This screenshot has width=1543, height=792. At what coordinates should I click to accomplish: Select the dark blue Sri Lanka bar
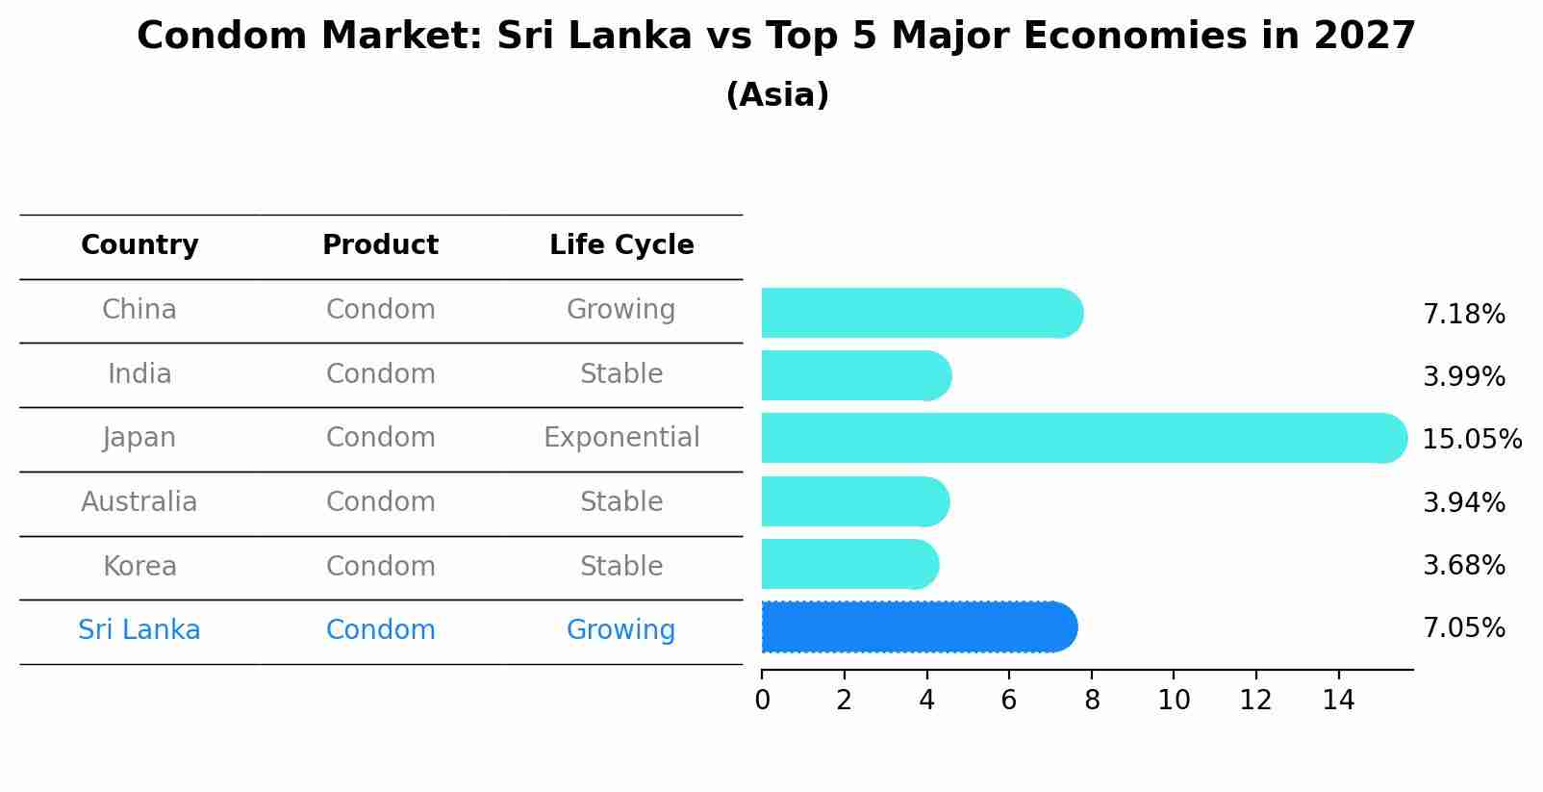pos(919,627)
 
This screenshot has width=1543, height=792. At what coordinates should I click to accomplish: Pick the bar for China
pos(922,313)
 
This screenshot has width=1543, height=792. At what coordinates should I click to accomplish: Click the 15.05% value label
pos(1471,440)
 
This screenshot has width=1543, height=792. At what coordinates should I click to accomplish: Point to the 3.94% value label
pos(1463,502)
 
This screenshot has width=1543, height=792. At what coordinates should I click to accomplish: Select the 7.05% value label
pos(1463,628)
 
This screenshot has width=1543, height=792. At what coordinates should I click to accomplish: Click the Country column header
pos(139,245)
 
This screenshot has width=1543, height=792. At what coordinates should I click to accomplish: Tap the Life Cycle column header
pos(621,245)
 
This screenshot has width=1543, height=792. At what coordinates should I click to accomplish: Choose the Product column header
pos(380,245)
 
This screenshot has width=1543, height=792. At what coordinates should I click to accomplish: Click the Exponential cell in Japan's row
pos(621,438)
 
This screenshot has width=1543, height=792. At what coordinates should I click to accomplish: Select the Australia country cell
pos(139,502)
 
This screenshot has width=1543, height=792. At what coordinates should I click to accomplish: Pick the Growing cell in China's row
pos(621,310)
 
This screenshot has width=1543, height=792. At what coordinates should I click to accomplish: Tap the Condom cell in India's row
pos(380,374)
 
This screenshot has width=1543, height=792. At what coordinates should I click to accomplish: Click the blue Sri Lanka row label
pos(139,630)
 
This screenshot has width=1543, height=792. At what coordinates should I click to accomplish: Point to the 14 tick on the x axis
pos(1338,701)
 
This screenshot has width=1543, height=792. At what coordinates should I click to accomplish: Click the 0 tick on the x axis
pos(762,701)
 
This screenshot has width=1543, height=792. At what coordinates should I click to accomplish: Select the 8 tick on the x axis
pos(1092,701)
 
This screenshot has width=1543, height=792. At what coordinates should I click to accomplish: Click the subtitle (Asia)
pos(777,95)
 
